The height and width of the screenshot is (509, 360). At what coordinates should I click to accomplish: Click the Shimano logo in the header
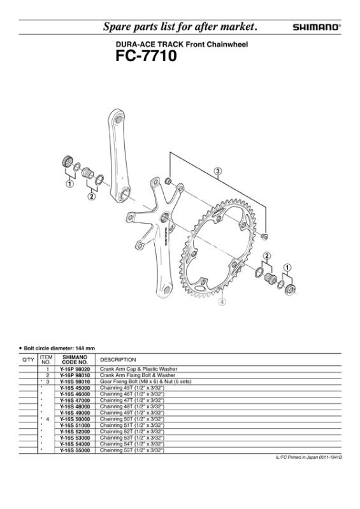[317, 27]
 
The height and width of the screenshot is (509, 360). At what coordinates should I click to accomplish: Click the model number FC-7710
[146, 56]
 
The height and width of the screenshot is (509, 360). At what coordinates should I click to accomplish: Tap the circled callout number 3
[218, 171]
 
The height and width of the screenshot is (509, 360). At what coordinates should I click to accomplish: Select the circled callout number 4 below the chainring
[222, 302]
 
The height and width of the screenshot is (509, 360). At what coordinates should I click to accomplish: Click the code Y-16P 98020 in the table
[75, 369]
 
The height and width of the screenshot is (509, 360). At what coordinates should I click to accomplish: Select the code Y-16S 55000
[75, 450]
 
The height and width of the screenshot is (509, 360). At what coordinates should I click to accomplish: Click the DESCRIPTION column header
[118, 360]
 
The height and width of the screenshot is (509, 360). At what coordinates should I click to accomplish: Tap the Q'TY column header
[28, 360]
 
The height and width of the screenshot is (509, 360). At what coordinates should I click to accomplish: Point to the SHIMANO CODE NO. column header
[75, 359]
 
